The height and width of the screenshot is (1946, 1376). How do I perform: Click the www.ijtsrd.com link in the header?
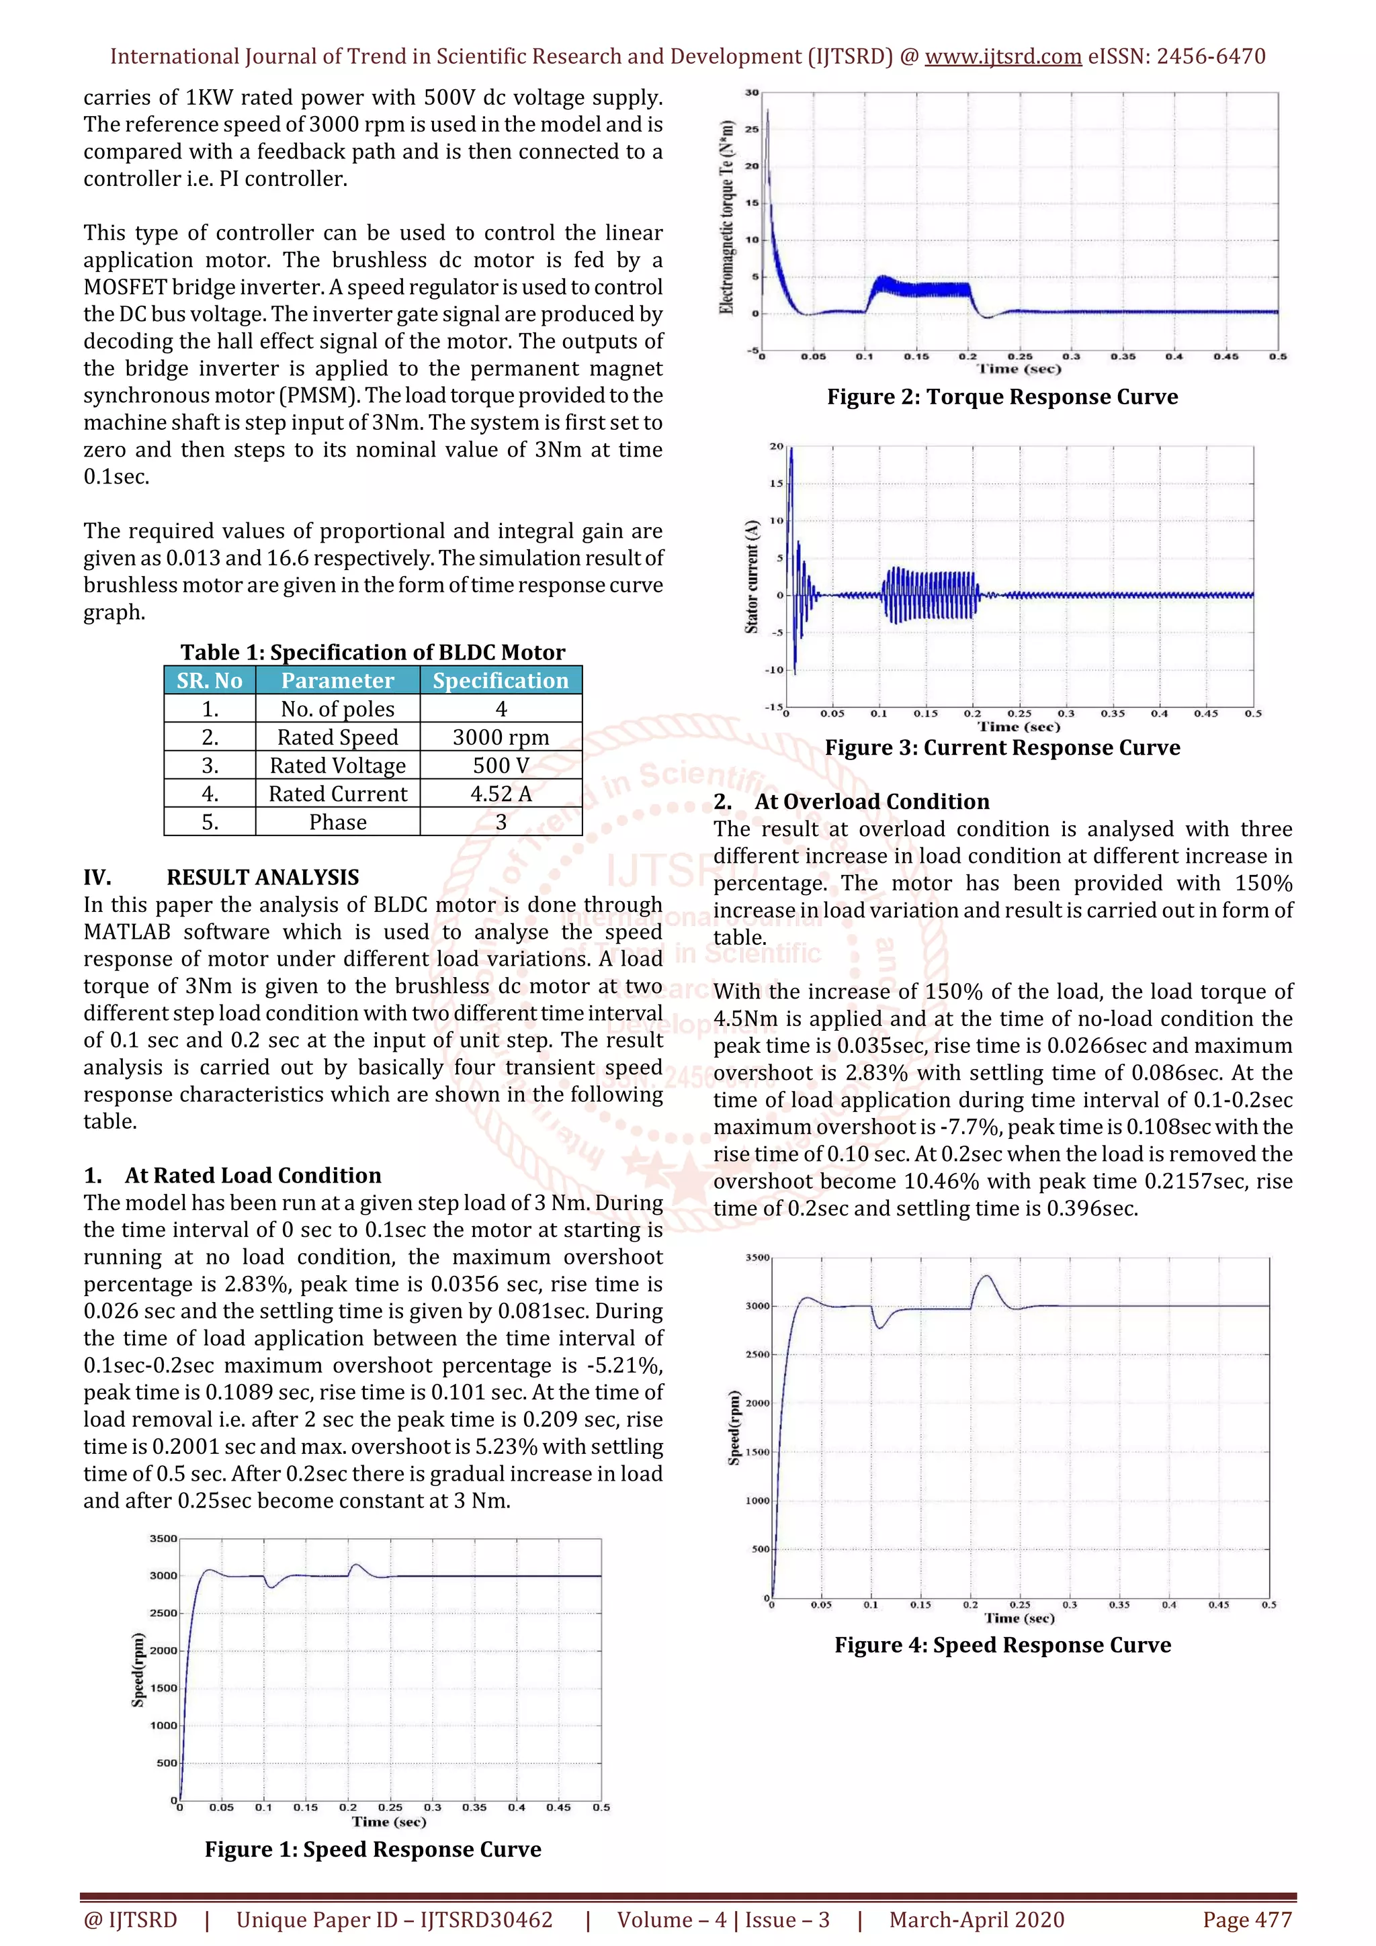coord(1002,57)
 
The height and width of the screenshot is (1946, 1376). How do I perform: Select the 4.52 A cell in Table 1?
coord(501,794)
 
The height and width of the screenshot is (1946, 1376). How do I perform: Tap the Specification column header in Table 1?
coord(501,681)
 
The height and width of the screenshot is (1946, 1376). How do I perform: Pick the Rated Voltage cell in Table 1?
coord(337,766)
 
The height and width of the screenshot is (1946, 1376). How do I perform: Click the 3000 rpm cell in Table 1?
coord(501,737)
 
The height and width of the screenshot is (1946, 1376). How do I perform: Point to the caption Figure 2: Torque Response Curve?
coord(1002,397)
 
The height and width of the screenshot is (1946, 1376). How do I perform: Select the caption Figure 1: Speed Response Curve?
coord(373,1849)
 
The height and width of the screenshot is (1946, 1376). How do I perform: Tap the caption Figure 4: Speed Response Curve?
coord(1002,1645)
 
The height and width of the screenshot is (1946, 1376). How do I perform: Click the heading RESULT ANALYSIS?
coord(263,877)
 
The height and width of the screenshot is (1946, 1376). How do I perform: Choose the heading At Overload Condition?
coord(871,802)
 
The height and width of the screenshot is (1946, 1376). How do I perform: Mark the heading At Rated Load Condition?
coord(253,1176)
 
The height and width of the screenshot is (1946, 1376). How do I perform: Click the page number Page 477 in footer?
coord(1247,1920)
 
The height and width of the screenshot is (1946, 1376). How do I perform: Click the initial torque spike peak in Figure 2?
coord(768,111)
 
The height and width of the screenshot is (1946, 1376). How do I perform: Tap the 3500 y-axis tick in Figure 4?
coord(757,1258)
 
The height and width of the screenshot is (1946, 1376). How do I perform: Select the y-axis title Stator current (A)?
coord(751,576)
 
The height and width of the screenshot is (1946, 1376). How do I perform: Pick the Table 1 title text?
coord(373,652)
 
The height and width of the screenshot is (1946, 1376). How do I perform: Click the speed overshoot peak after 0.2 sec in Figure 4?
coord(986,1276)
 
